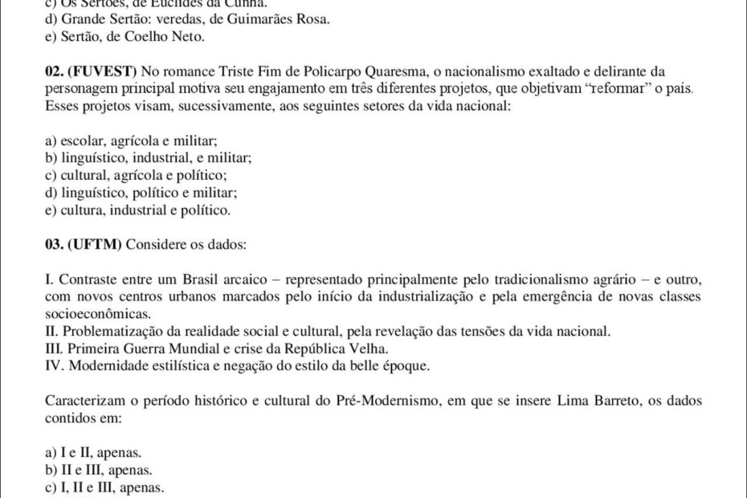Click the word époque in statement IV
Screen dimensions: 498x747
coord(409,366)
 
